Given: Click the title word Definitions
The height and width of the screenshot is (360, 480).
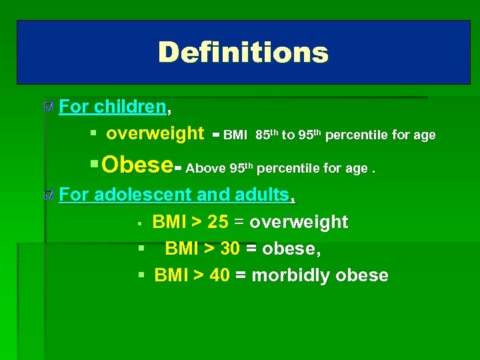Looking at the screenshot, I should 243,53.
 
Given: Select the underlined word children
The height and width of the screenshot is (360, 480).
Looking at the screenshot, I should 130,107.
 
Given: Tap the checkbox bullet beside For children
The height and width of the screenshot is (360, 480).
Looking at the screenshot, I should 48,107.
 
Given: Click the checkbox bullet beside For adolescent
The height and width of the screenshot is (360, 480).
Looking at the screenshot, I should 48,195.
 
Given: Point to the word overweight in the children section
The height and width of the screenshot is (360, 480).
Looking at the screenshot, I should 155,134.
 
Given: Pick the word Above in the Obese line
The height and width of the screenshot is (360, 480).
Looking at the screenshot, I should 205,168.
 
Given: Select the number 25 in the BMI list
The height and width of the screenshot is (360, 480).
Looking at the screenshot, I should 218,222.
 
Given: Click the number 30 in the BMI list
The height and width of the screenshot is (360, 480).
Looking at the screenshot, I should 230,249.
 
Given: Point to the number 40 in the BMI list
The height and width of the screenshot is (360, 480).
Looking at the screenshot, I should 219,275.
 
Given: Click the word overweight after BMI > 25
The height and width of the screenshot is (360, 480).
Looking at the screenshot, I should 299,222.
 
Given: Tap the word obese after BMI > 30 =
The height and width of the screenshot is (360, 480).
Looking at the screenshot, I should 289,249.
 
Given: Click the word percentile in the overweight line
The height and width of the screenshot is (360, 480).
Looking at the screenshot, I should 357,135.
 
